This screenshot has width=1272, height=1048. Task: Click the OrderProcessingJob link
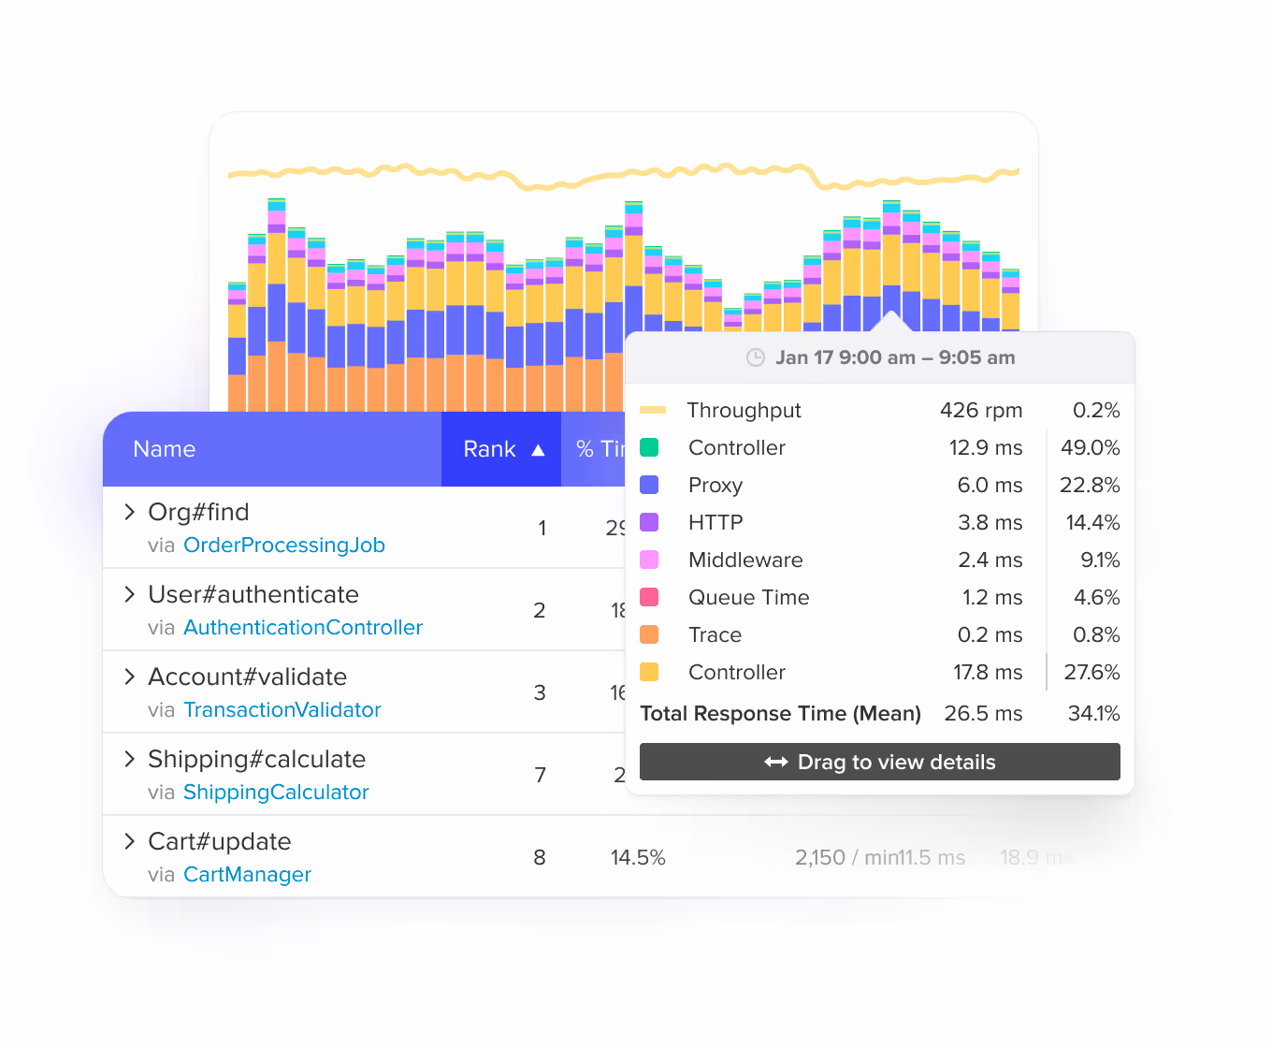284,546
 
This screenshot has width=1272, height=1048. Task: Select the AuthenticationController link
303,628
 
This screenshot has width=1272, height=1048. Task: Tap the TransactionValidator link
282,710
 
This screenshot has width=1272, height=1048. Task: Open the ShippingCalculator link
276,793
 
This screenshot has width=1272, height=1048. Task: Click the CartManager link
247,875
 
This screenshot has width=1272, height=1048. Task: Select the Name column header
165,449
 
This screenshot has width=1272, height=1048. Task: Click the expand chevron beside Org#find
130,512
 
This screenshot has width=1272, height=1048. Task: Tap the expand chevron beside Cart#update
130,841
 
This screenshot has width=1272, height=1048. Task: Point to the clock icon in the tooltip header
756,357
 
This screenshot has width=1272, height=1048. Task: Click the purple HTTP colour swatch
649,522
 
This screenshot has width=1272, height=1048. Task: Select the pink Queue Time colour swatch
649,597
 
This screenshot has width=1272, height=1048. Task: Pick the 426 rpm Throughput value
980,411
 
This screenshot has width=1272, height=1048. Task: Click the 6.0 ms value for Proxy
990,486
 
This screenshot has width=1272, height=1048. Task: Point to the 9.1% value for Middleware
1099,560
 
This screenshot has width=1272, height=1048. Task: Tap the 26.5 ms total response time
983,714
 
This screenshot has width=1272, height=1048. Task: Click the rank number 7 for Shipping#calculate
540,776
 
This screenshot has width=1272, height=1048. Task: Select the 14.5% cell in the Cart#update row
638,858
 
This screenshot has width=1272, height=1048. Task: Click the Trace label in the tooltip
715,635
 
